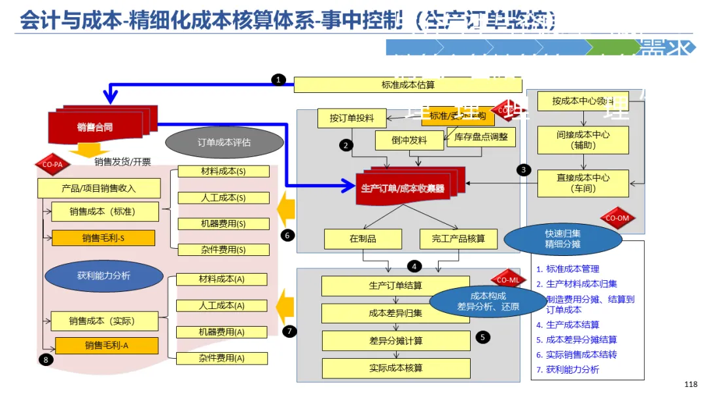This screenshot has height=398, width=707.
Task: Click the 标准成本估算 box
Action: point(407,84)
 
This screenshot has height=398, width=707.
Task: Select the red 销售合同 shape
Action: point(94,126)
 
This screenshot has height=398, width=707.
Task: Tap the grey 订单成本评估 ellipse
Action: point(224,142)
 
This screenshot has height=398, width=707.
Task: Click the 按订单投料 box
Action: point(352,118)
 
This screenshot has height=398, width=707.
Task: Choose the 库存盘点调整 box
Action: point(480,137)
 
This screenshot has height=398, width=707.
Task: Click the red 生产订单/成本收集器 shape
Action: point(403,188)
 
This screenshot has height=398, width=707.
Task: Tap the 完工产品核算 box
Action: point(458,239)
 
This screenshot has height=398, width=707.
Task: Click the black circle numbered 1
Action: point(279,80)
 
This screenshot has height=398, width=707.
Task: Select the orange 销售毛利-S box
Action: point(103,238)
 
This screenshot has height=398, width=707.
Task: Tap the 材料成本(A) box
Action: point(222,280)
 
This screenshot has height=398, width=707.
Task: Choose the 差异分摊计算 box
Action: point(395,340)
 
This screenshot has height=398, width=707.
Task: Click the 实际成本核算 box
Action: point(395,368)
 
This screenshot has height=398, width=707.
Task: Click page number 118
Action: point(690,384)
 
